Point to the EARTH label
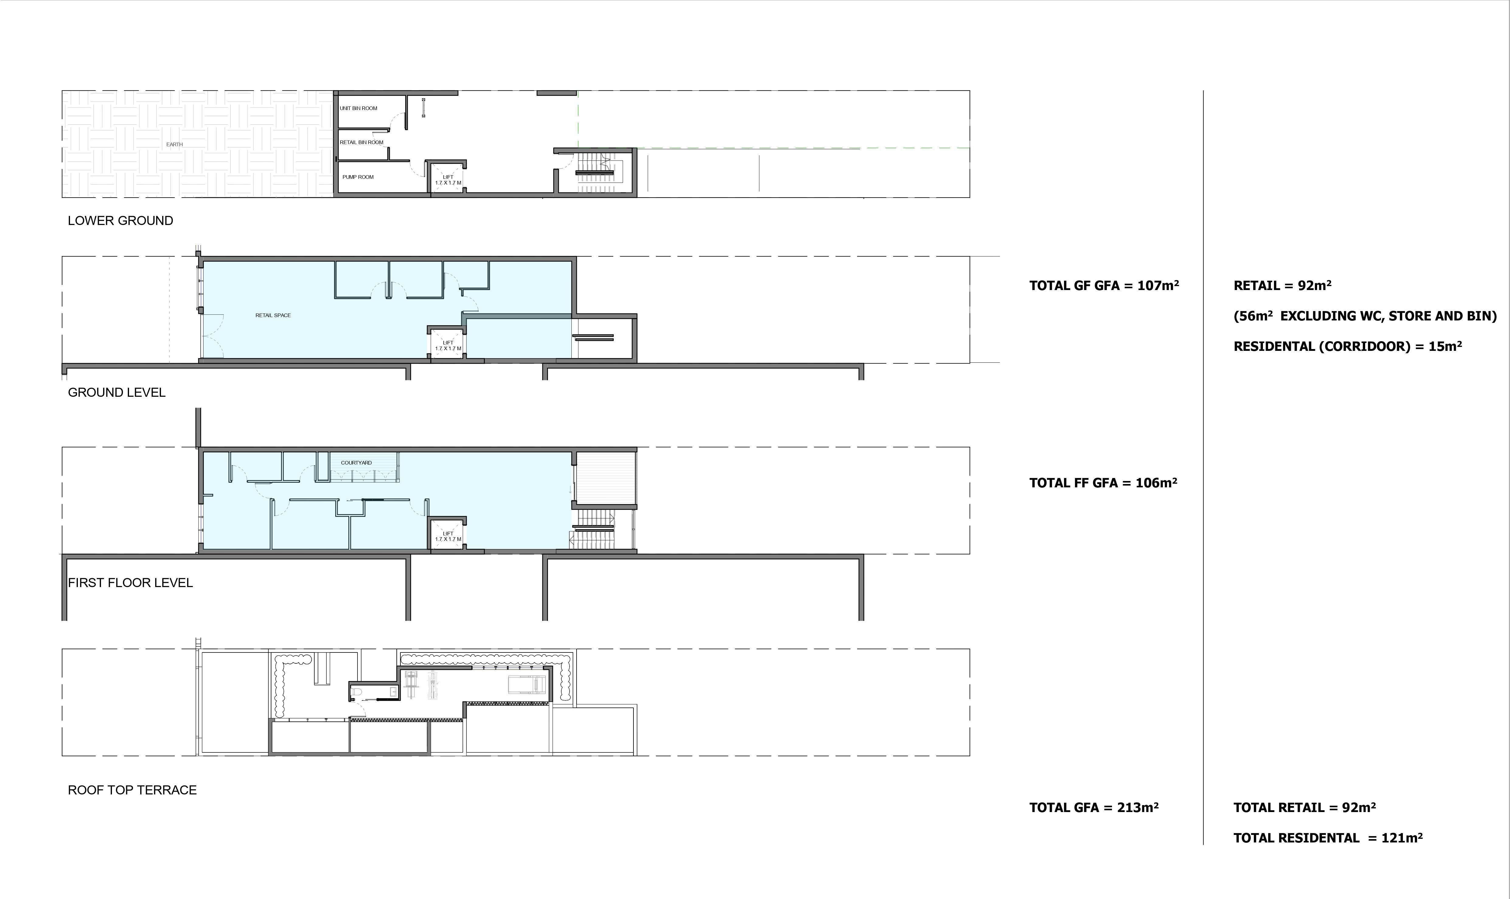pos(175,144)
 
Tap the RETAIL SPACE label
pos(273,315)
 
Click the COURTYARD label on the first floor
pos(357,463)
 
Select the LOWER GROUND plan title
pos(120,220)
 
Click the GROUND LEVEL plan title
pos(117,392)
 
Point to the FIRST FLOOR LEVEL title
pos(130,583)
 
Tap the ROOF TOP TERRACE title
pos(132,790)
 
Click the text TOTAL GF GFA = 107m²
pos(1104,285)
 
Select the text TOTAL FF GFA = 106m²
pos(1103,483)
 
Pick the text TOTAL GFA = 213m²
pos(1093,807)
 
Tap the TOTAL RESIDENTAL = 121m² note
pos(1327,838)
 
